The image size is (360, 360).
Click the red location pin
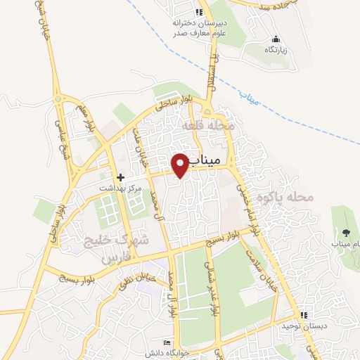(181, 165)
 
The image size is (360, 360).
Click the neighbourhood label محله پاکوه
(284, 197)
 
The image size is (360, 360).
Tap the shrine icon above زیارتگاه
(275, 39)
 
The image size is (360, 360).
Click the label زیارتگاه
(276, 51)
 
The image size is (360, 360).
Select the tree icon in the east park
(345, 232)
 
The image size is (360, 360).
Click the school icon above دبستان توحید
(304, 315)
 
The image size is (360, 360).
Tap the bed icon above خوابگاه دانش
(167, 342)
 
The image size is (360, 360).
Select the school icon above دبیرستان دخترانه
(199, 12)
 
